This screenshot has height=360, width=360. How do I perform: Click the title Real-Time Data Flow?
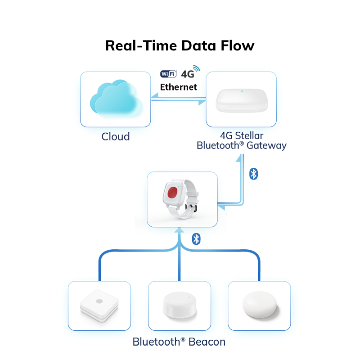click(180, 45)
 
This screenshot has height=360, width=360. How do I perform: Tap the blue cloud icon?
click(116, 98)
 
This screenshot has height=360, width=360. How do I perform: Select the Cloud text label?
click(116, 137)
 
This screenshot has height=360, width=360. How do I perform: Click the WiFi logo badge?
click(168, 74)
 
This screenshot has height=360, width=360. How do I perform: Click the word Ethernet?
click(179, 87)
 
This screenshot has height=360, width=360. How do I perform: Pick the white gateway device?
click(242, 100)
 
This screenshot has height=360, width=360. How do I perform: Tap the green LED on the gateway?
click(242, 91)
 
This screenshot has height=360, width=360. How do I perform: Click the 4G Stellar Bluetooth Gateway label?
click(242, 140)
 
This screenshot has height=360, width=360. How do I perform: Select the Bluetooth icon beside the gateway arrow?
click(253, 174)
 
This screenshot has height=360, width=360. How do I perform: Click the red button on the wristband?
click(173, 193)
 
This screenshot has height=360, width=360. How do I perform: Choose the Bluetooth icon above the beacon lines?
click(196, 239)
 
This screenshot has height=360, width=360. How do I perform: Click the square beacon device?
click(99, 305)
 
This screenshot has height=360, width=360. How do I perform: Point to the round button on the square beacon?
click(99, 301)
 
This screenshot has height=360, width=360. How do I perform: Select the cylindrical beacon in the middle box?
click(180, 305)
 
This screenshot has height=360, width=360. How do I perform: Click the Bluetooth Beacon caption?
click(179, 342)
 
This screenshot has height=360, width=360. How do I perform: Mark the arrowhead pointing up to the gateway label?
click(239, 158)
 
